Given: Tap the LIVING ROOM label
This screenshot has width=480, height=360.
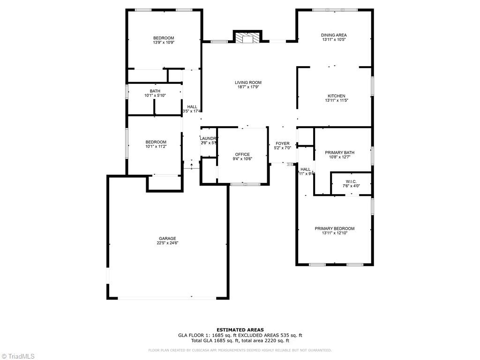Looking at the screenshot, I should point(248,82).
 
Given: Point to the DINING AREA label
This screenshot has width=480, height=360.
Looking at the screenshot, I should point(334,35).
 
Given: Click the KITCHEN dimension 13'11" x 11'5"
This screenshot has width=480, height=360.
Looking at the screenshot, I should point(336,100).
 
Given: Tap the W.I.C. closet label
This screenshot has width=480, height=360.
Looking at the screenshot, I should point(352,181).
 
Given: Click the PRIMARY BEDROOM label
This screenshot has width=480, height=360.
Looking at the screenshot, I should point(334,228).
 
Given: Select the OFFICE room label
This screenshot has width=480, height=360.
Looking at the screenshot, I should point(242,154).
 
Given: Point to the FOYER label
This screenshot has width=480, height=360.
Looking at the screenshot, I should point(282,143).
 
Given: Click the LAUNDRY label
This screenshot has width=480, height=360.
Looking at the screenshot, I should point(209,138).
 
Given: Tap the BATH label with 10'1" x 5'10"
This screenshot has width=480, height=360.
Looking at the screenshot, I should point(155,91).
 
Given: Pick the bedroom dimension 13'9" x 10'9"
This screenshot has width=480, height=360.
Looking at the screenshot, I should point(163,43).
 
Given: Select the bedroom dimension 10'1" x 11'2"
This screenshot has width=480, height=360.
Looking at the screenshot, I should point(156,147).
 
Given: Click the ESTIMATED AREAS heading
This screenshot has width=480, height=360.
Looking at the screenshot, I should point(240,330).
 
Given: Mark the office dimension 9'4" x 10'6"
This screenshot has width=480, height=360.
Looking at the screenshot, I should point(242,159).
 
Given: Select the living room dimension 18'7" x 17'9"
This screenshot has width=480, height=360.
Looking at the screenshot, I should point(248,87).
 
